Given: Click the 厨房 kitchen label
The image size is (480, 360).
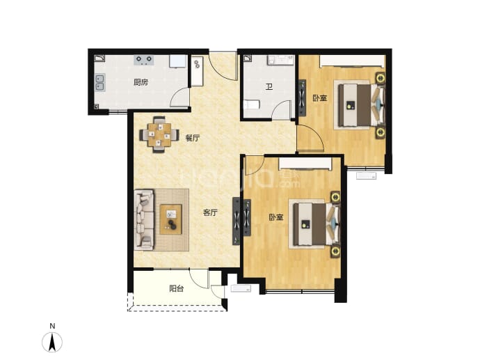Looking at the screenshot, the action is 141,82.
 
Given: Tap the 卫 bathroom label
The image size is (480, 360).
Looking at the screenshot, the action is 269,87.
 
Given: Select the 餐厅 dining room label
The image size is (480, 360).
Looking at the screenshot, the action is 193,138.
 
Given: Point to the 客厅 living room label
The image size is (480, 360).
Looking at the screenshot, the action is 210,212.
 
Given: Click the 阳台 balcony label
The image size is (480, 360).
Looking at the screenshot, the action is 177,288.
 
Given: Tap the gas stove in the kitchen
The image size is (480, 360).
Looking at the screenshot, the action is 143,60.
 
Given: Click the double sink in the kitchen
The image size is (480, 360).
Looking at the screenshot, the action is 99,82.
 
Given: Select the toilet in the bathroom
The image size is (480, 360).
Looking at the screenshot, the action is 252,104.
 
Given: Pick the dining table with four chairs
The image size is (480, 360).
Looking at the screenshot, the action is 159,134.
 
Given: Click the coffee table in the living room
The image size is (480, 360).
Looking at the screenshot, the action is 171,219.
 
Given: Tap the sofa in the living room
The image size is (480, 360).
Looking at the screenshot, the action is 144,219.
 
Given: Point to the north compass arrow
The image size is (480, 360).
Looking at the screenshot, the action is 52,342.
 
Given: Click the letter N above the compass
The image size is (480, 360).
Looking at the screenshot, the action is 52,326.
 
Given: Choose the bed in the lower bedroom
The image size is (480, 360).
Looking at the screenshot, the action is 317,225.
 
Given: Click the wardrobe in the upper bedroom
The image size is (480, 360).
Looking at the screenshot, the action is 352,61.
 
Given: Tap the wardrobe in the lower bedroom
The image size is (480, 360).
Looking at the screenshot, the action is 305,164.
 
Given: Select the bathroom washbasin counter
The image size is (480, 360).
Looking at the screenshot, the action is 281,60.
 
